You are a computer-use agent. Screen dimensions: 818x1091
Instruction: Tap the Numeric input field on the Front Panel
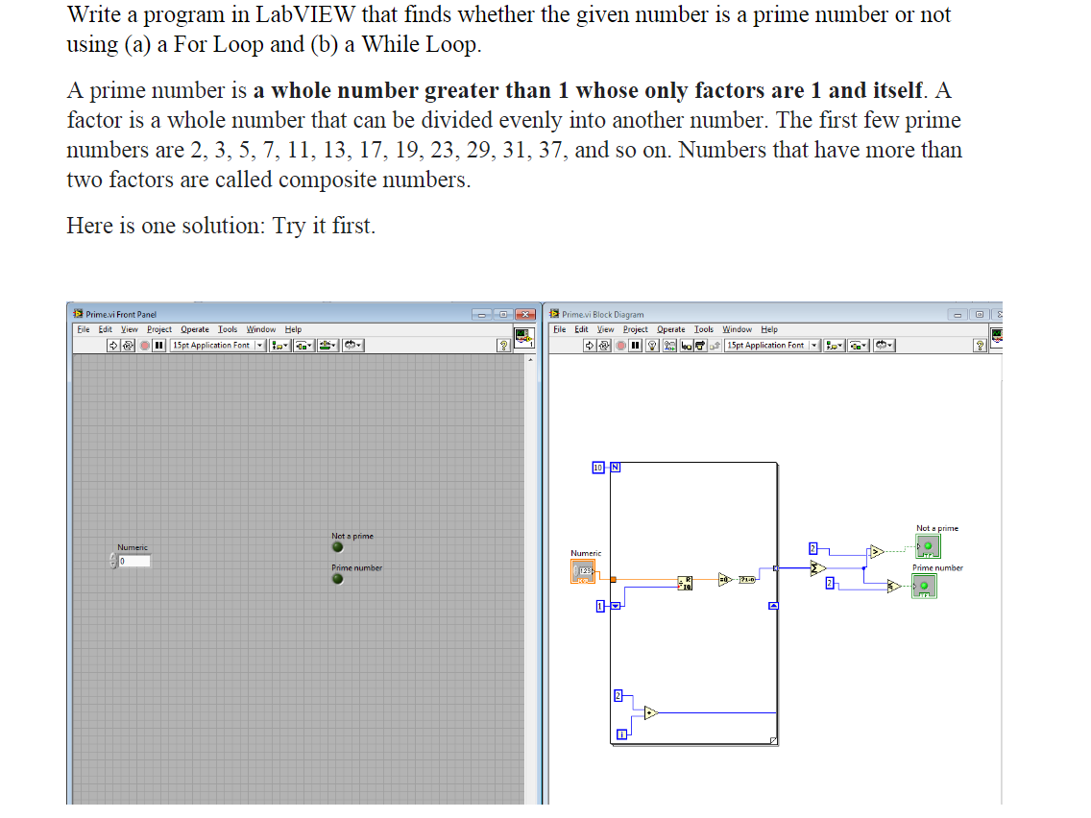(x=133, y=561)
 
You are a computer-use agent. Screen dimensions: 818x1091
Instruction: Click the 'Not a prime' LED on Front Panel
(x=337, y=547)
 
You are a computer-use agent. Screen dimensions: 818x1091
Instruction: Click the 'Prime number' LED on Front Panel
(x=337, y=579)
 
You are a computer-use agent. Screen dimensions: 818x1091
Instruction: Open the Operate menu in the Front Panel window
(x=196, y=329)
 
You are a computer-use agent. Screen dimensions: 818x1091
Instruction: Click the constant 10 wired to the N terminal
(x=598, y=468)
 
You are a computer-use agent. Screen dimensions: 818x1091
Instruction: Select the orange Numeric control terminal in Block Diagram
(x=582, y=572)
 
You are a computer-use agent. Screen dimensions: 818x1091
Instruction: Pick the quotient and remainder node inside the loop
(x=685, y=583)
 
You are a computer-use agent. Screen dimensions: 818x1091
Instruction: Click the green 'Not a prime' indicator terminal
(x=927, y=546)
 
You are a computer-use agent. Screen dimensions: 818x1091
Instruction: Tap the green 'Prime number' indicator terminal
(x=923, y=586)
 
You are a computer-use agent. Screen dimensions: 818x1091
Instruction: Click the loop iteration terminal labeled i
(x=621, y=735)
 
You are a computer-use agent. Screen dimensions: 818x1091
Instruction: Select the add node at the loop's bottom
(x=650, y=712)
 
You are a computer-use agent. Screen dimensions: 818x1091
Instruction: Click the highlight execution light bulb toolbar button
(x=652, y=346)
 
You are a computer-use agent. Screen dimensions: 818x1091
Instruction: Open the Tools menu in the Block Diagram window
(x=704, y=329)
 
